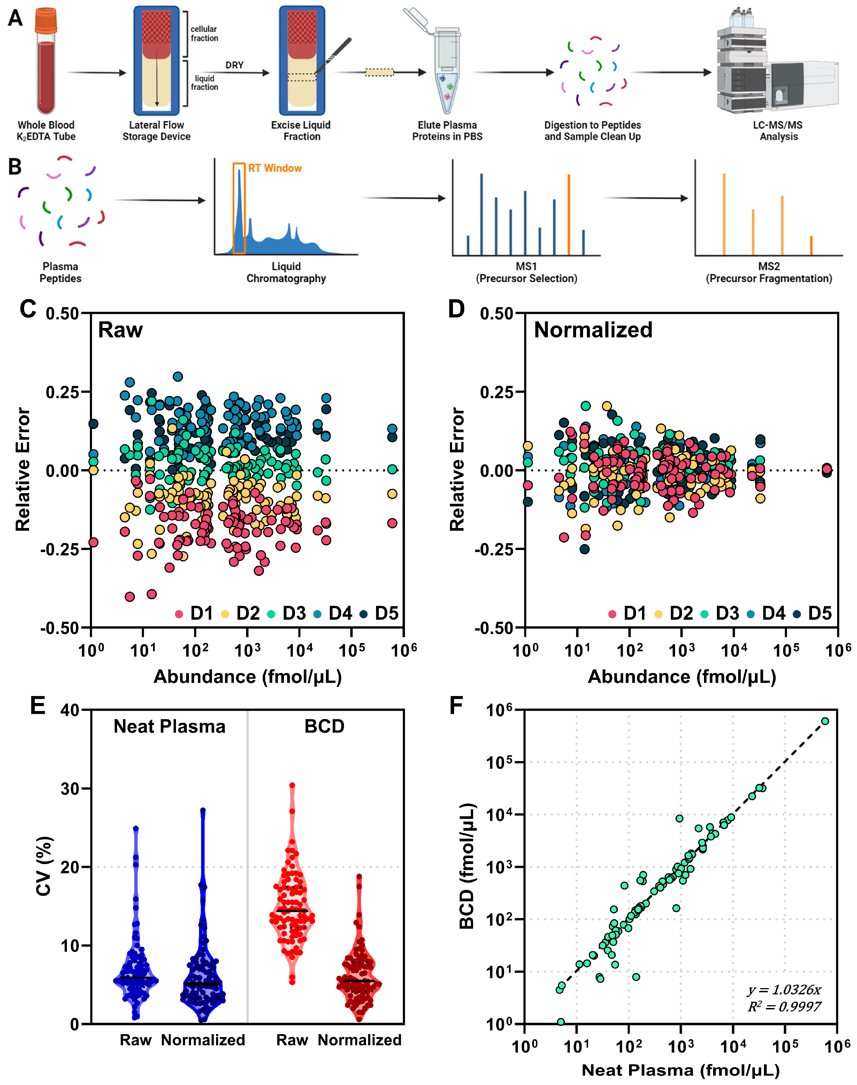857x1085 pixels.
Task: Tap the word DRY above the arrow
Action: pos(234,65)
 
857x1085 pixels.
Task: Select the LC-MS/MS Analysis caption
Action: pos(778,130)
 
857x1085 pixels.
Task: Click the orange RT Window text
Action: pos(275,168)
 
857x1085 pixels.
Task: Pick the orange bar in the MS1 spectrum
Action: pos(568,215)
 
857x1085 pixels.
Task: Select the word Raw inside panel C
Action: pos(121,330)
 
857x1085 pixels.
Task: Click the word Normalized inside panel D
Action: pos(593,330)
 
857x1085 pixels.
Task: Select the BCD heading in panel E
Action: pos(324,726)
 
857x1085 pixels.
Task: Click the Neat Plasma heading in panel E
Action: pos(170,726)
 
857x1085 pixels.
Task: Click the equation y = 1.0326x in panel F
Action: pos(784,990)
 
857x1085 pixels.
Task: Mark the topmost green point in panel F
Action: pos(825,721)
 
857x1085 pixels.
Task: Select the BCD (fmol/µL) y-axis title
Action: pos(467,866)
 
